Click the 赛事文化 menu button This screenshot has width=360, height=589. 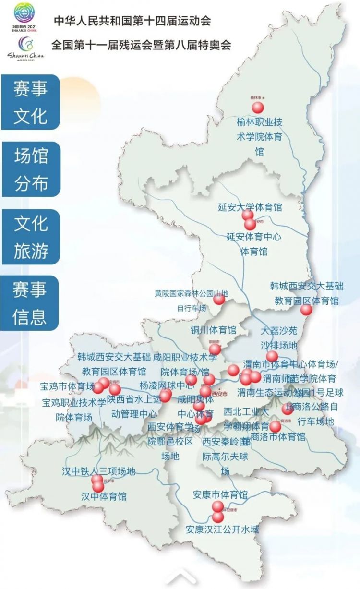(x=31, y=102)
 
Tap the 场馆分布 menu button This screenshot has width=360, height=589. (x=31, y=169)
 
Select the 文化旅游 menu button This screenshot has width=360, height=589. (x=31, y=237)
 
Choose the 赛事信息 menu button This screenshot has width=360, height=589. (x=31, y=303)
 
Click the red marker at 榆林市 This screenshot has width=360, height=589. (x=258, y=107)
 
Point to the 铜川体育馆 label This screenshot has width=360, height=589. (x=213, y=330)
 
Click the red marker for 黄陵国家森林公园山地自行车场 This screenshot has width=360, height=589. (x=219, y=299)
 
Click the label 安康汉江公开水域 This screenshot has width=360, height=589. (x=222, y=530)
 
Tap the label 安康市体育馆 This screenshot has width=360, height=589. (x=220, y=494)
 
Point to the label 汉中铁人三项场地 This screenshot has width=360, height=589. (x=99, y=471)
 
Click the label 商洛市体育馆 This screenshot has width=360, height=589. (x=278, y=437)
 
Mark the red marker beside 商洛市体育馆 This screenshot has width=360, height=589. (x=275, y=426)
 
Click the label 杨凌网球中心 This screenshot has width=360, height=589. (x=161, y=385)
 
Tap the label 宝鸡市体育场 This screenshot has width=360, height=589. (x=67, y=385)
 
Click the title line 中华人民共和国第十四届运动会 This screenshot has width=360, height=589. (x=132, y=21)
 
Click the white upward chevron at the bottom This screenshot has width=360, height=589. (x=180, y=576)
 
